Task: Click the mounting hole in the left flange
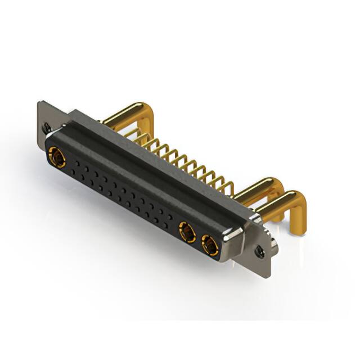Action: pos(47,128)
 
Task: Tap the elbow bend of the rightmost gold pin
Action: pos(295,199)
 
